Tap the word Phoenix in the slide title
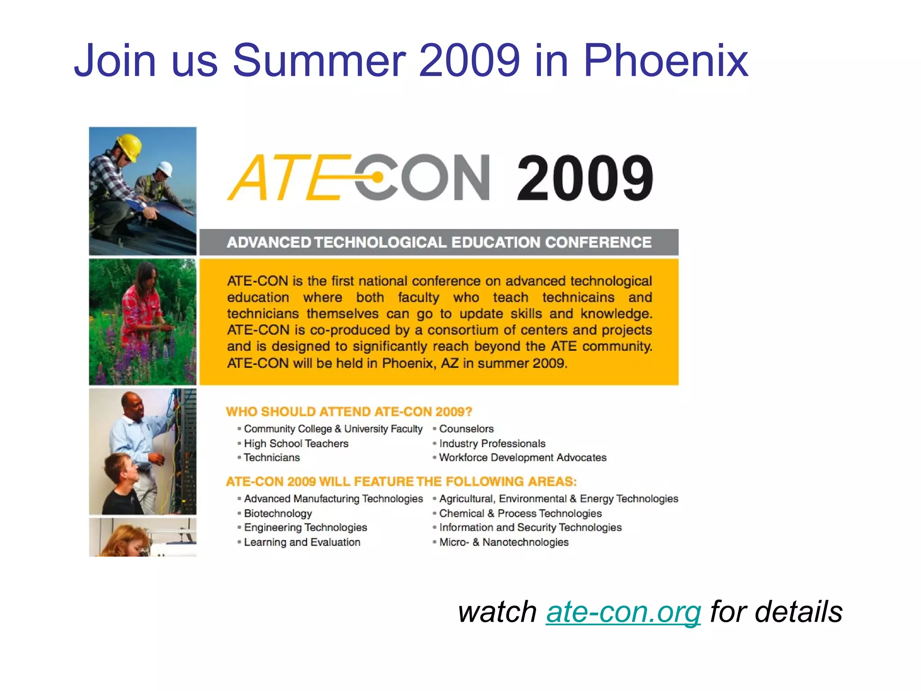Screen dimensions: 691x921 (666, 61)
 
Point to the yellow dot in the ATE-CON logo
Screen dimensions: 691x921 (378, 178)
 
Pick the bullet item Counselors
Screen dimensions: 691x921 (466, 429)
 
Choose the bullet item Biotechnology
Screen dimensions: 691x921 (277, 513)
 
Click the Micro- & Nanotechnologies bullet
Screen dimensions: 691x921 (504, 542)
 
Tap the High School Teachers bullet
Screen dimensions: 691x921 (296, 444)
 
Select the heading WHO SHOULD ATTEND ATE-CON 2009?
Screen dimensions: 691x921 (349, 412)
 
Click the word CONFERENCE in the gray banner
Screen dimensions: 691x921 (598, 242)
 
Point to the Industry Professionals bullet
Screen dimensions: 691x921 (492, 444)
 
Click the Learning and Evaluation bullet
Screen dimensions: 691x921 (302, 542)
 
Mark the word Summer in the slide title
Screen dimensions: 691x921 (319, 61)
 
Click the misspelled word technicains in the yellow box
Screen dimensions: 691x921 (578, 297)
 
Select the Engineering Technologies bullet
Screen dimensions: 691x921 (305, 527)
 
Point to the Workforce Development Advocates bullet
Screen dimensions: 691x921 (523, 458)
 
